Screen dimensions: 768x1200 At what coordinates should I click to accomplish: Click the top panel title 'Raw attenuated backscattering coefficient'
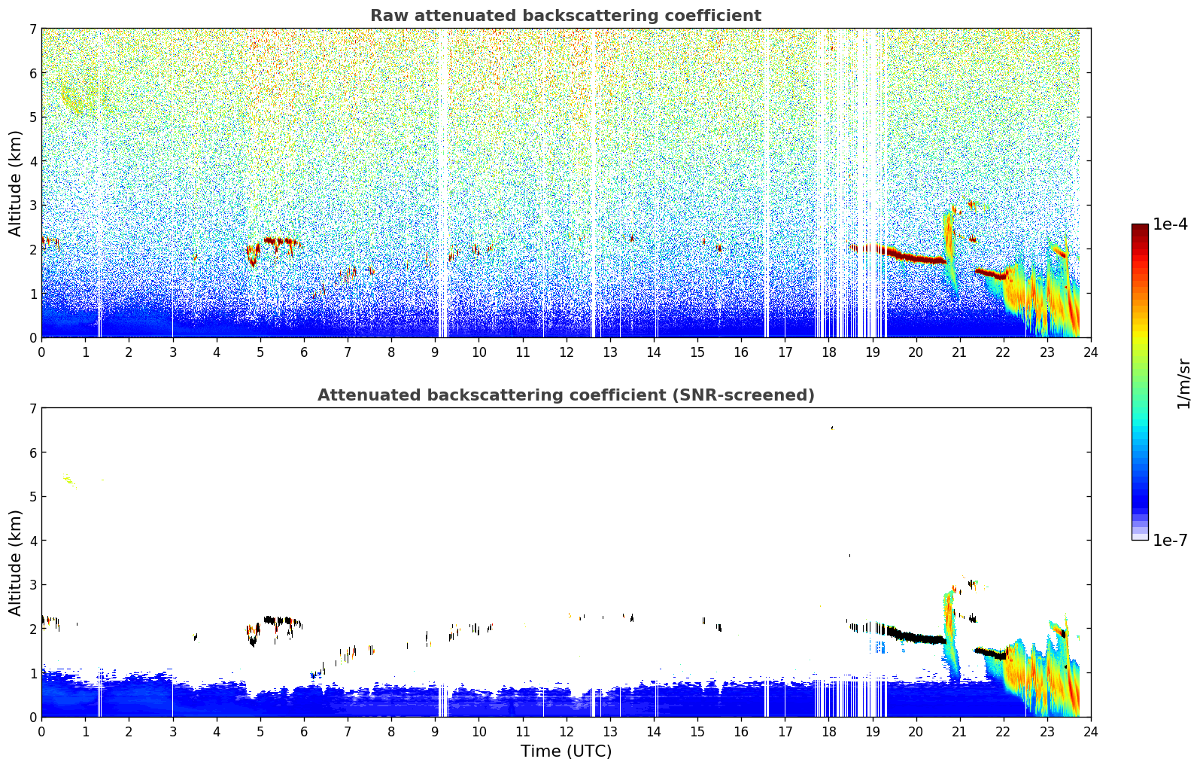(x=565, y=16)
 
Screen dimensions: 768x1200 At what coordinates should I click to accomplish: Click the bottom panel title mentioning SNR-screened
(x=565, y=395)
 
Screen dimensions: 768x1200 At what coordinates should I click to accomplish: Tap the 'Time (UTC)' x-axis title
(x=566, y=751)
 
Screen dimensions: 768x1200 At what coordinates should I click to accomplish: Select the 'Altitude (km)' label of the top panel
(x=16, y=183)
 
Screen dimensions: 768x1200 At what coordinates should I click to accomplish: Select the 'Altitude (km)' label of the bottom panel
(x=16, y=562)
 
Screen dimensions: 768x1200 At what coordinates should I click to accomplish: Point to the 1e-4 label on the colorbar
(x=1170, y=224)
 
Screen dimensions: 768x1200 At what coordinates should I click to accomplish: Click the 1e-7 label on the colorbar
(x=1170, y=540)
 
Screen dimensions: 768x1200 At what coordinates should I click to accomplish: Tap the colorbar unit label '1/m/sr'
(x=1183, y=384)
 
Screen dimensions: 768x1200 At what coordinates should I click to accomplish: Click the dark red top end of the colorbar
(x=1139, y=227)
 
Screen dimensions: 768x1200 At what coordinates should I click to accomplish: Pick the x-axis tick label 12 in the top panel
(x=566, y=352)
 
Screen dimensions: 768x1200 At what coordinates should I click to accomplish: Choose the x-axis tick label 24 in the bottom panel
(x=1090, y=731)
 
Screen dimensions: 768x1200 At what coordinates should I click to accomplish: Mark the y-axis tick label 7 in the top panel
(x=32, y=29)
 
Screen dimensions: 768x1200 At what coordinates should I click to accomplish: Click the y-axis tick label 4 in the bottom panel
(x=32, y=541)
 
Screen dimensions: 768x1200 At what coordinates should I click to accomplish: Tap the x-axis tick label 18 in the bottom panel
(x=828, y=731)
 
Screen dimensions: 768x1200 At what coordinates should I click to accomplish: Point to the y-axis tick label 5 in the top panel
(x=32, y=117)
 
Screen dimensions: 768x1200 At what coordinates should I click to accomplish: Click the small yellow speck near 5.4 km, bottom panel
(x=68, y=479)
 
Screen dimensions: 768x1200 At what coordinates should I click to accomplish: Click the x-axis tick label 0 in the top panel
(x=41, y=352)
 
